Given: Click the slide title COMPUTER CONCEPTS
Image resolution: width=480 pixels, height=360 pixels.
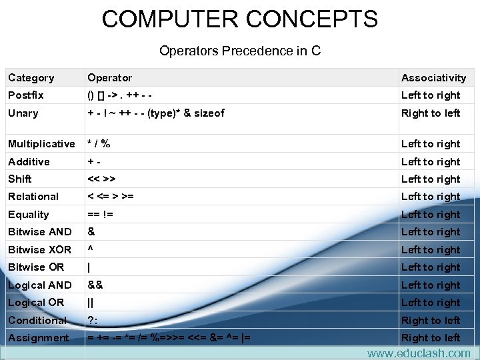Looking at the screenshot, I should pyautogui.click(x=239, y=19).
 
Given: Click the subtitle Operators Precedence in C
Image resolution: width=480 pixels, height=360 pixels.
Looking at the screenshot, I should pyautogui.click(x=240, y=51).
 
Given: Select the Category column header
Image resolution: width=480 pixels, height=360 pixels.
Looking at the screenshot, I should pyautogui.click(x=31, y=78).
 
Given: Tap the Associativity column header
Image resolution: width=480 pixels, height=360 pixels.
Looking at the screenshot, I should pyautogui.click(x=433, y=78).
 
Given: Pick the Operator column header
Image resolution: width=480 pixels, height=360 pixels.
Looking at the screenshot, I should pyautogui.click(x=110, y=78).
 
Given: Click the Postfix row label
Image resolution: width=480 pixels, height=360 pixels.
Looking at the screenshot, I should pyautogui.click(x=26, y=95).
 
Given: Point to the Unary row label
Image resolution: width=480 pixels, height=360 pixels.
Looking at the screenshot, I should pyautogui.click(x=23, y=113).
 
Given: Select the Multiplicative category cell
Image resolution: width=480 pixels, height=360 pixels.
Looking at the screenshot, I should pyautogui.click(x=41, y=144).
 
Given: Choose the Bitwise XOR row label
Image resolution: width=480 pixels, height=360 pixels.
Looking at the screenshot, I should pyautogui.click(x=39, y=250).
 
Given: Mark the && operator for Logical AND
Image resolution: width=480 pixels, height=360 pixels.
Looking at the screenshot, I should pyautogui.click(x=95, y=285).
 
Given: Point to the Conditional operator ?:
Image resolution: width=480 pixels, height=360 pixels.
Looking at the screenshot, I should pyautogui.click(x=93, y=320).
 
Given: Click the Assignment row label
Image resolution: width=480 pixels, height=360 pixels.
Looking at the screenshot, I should pyautogui.click(x=39, y=338).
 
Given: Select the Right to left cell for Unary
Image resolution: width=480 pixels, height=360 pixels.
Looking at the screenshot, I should pyautogui.click(x=431, y=113).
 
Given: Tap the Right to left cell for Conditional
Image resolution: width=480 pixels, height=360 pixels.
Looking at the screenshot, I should pyautogui.click(x=431, y=320).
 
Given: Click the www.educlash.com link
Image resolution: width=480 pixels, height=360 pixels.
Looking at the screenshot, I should pyautogui.click(x=418, y=353).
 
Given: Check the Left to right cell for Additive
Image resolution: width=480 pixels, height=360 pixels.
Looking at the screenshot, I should pyautogui.click(x=431, y=162).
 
